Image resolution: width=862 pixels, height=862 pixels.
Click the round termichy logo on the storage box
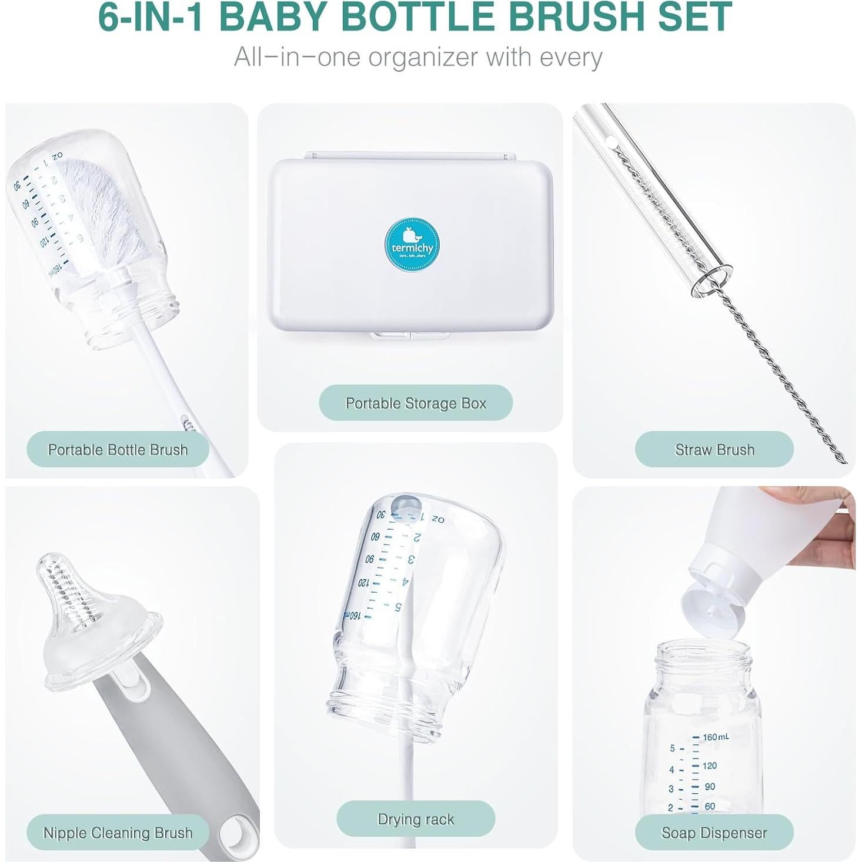(412, 245)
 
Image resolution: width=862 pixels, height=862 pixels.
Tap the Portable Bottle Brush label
(118, 450)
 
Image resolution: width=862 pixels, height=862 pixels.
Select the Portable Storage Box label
(416, 403)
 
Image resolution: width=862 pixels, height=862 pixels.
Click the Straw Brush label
(714, 450)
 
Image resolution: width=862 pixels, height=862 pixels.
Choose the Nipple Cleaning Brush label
(118, 833)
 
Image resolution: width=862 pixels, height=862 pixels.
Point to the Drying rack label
(416, 819)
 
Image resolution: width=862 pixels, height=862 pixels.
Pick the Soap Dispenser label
(714, 833)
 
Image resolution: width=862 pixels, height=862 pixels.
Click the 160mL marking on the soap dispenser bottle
(716, 737)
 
